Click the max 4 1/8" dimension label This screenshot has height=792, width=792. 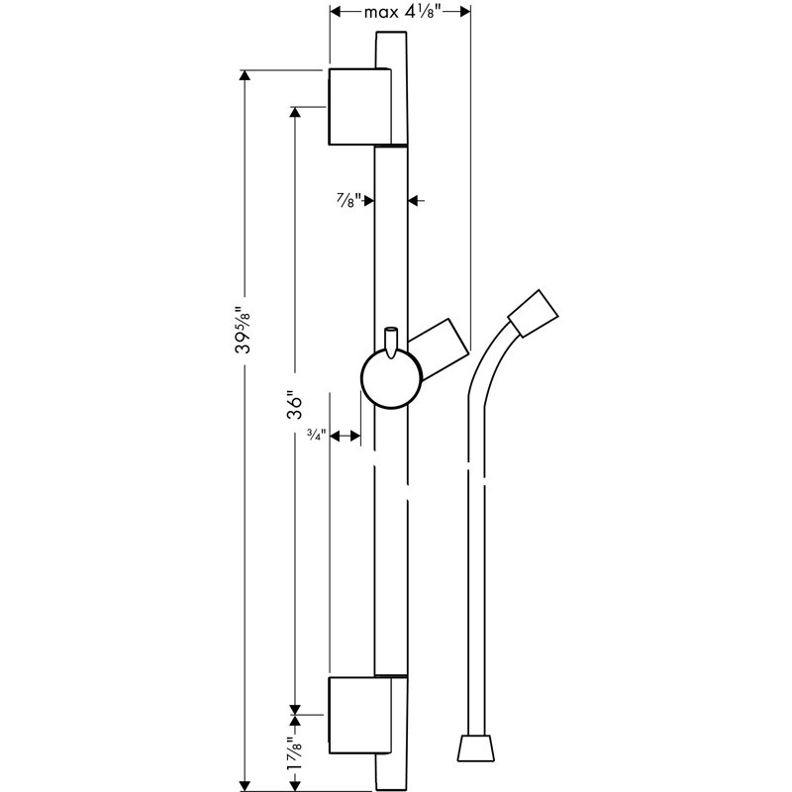click(401, 12)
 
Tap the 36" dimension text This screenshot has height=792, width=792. click(294, 406)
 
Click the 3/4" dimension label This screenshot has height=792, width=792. click(316, 436)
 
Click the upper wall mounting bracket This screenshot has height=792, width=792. click(358, 107)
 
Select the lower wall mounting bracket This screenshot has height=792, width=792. click(358, 716)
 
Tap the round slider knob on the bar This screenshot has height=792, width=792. click(391, 379)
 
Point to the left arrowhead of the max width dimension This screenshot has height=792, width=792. click(336, 12)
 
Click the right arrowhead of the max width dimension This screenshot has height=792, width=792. click(464, 12)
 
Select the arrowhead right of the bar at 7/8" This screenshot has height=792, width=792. click(415, 200)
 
